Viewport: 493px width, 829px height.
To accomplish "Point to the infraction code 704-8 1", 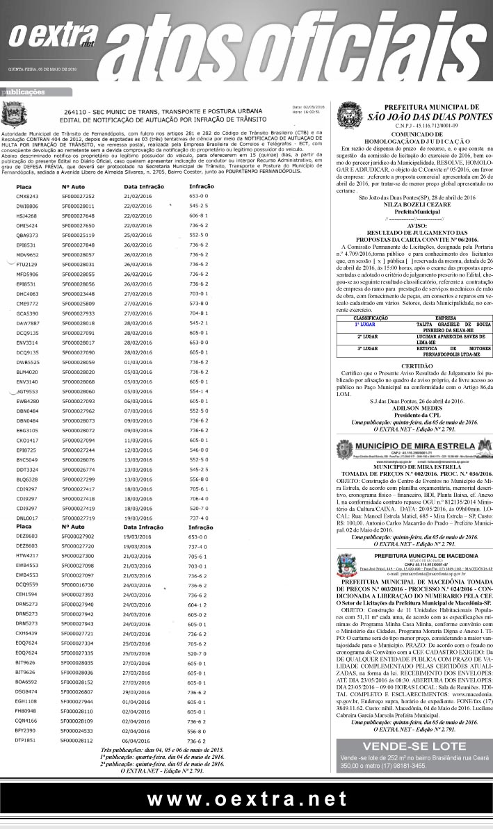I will [199, 313].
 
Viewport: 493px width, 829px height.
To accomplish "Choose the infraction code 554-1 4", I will [199, 391].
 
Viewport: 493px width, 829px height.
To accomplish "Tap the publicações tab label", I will [24, 91].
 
